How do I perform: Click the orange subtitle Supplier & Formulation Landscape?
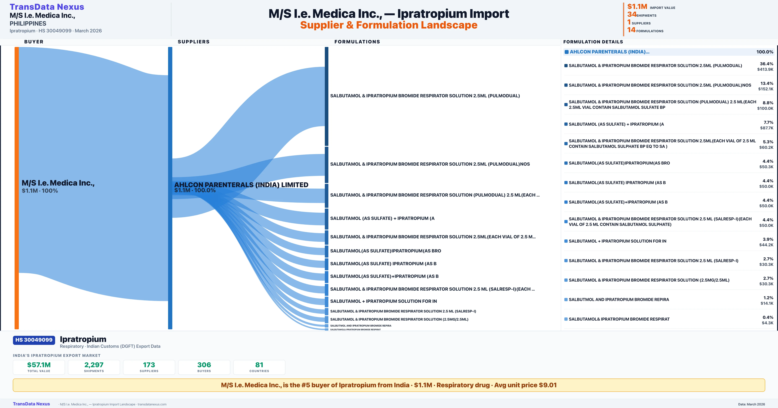[389, 25]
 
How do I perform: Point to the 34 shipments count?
[631, 14]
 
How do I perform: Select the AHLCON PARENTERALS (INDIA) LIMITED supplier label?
[241, 185]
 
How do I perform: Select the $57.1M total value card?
[39, 367]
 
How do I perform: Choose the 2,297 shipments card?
[94, 367]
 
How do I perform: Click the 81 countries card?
[259, 367]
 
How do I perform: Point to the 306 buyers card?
[204, 367]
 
